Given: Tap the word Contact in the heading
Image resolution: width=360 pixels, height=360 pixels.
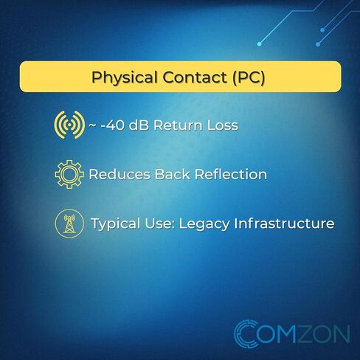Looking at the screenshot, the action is pos(195,77).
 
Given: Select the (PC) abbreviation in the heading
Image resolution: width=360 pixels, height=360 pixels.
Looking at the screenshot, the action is pos(249,77).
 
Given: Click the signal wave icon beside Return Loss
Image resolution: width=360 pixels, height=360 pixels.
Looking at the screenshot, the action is pos(69,125).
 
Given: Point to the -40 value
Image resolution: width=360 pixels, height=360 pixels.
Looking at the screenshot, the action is pos(112,125).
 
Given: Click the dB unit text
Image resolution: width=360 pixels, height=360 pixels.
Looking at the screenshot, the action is pos(139,125).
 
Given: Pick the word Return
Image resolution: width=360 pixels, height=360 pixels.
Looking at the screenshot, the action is pos(178,125).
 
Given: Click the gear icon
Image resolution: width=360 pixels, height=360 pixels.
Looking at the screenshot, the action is pos(69,174).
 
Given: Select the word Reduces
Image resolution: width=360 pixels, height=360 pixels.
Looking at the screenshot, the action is pos(120,174).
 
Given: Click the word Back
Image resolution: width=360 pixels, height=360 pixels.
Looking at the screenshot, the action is pos(173,174).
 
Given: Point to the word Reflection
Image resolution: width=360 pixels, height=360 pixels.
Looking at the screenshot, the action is pos(231,174).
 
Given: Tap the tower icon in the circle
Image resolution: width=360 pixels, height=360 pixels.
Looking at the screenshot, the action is pos(69,224).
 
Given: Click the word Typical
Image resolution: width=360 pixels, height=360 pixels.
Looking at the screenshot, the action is pos(116,224).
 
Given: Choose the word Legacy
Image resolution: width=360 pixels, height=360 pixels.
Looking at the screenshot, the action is pos(204,224).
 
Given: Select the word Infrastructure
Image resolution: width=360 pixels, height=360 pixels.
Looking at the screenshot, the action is pos(284,224).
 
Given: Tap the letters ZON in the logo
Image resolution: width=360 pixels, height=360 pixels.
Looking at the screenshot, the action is pos(324,334).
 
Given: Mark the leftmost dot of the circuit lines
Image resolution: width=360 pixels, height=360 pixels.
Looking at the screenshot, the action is pos(259,44).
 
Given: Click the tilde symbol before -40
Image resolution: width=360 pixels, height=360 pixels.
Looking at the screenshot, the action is pos(92,125).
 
